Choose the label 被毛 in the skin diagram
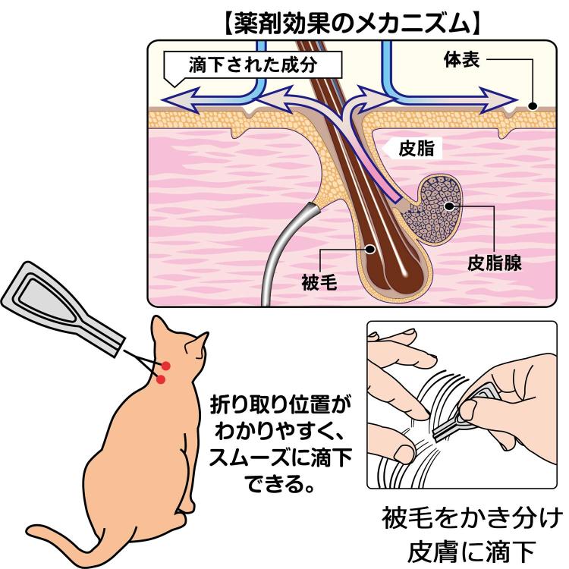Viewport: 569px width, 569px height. tap(318, 284)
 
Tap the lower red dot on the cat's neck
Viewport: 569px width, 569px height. tap(161, 379)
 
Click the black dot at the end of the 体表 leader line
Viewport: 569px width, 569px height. tap(533, 107)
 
